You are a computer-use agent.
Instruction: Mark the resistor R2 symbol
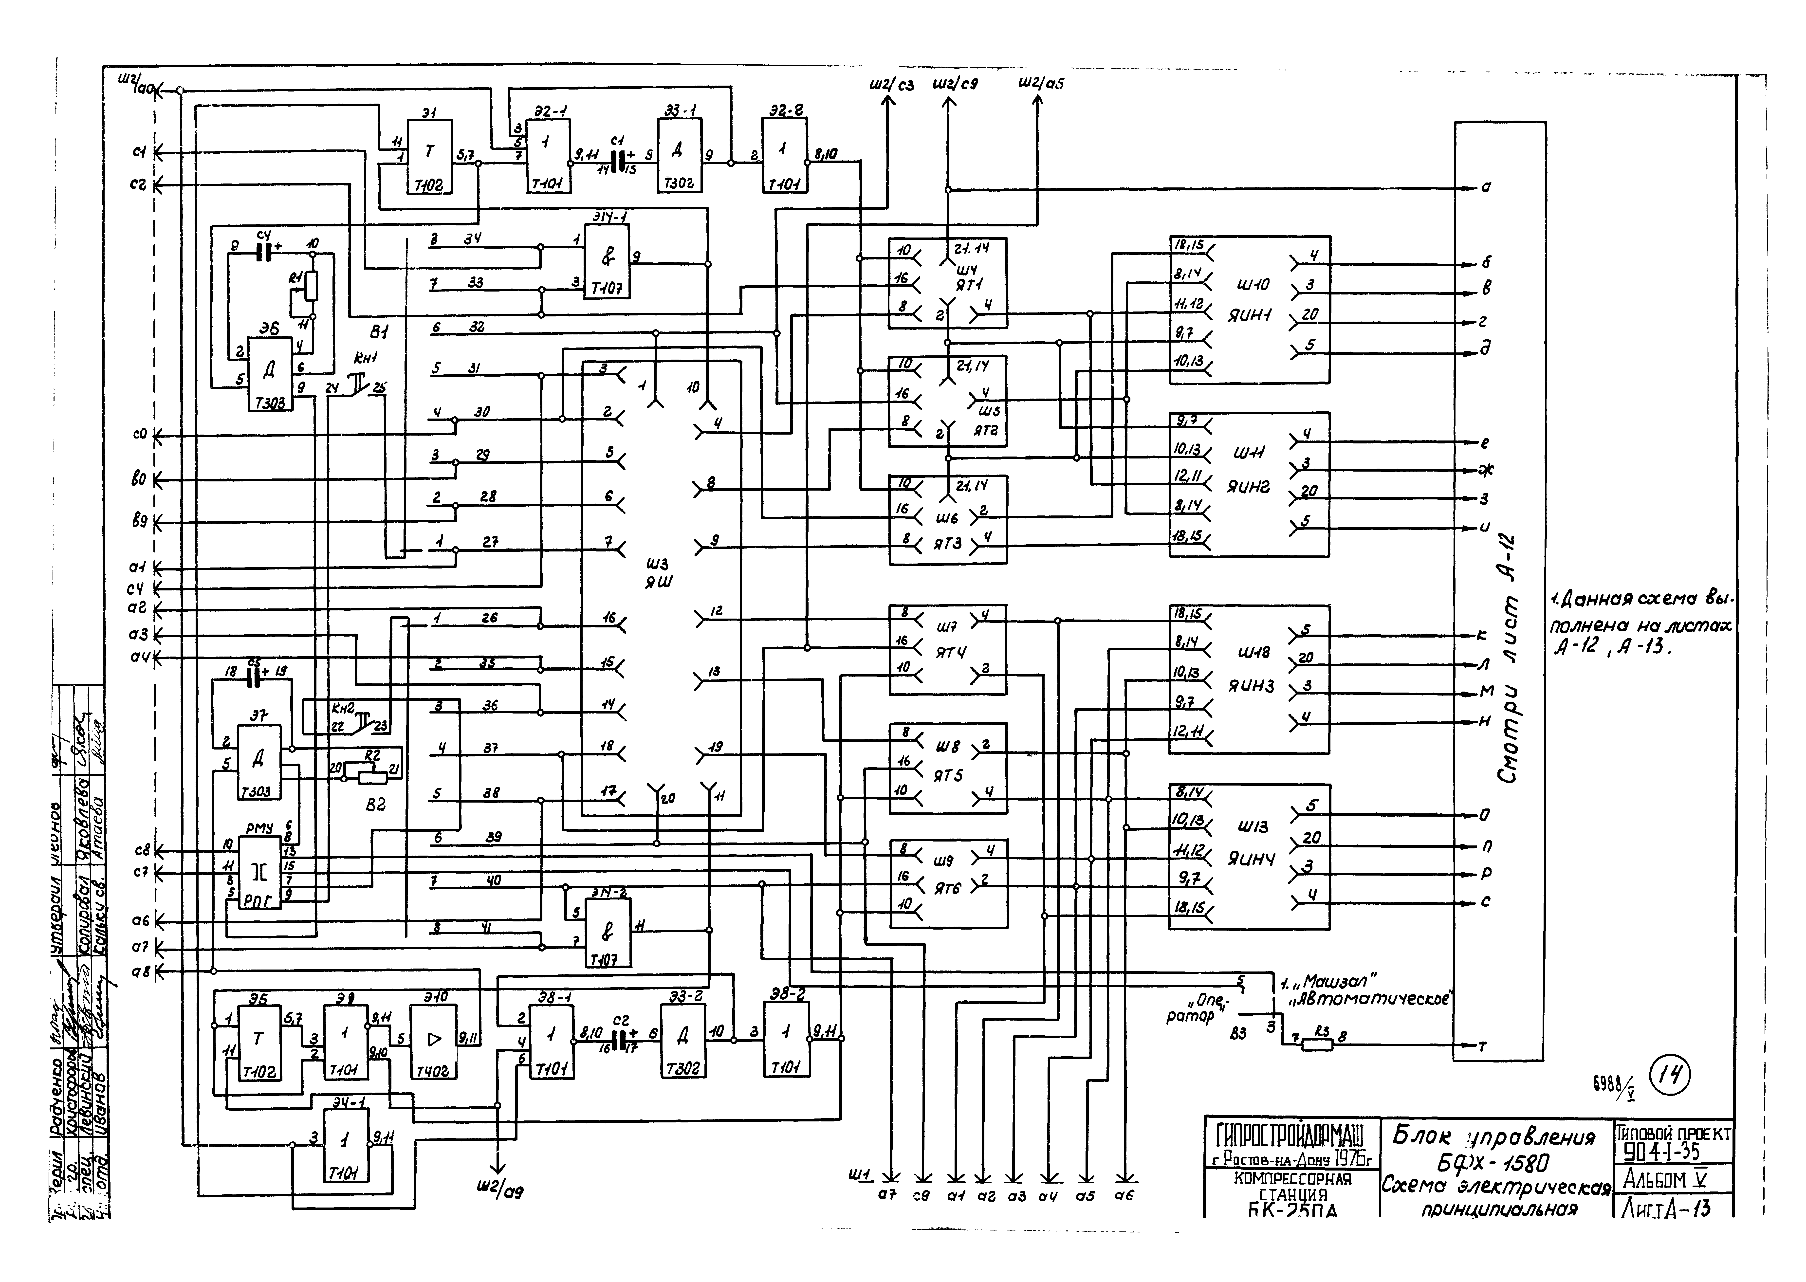click(x=372, y=778)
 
